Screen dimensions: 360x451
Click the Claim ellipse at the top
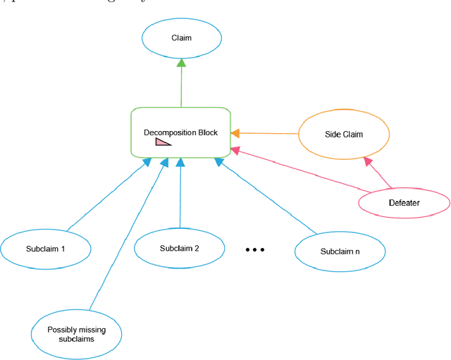tap(181, 39)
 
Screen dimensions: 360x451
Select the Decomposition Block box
tap(181, 132)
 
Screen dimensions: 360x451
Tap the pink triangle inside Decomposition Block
tap(163, 142)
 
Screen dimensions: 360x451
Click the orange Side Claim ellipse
tap(343, 134)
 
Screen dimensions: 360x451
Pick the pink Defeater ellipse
tap(404, 203)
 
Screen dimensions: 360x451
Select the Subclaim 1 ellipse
tap(46, 249)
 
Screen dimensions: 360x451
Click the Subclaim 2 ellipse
tap(179, 248)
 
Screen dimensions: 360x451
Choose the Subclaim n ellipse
tap(340, 252)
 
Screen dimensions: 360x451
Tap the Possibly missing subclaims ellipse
tap(77, 334)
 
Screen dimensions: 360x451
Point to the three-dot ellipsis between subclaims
tap(254, 249)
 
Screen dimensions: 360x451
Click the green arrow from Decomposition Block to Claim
tap(181, 85)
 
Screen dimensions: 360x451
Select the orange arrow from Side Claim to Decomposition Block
tap(268, 132)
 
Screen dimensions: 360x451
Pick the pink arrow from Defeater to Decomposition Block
tap(303, 170)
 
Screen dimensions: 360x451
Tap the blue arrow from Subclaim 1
tap(106, 194)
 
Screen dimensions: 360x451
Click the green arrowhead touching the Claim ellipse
tap(181, 63)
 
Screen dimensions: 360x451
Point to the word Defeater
tap(404, 203)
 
